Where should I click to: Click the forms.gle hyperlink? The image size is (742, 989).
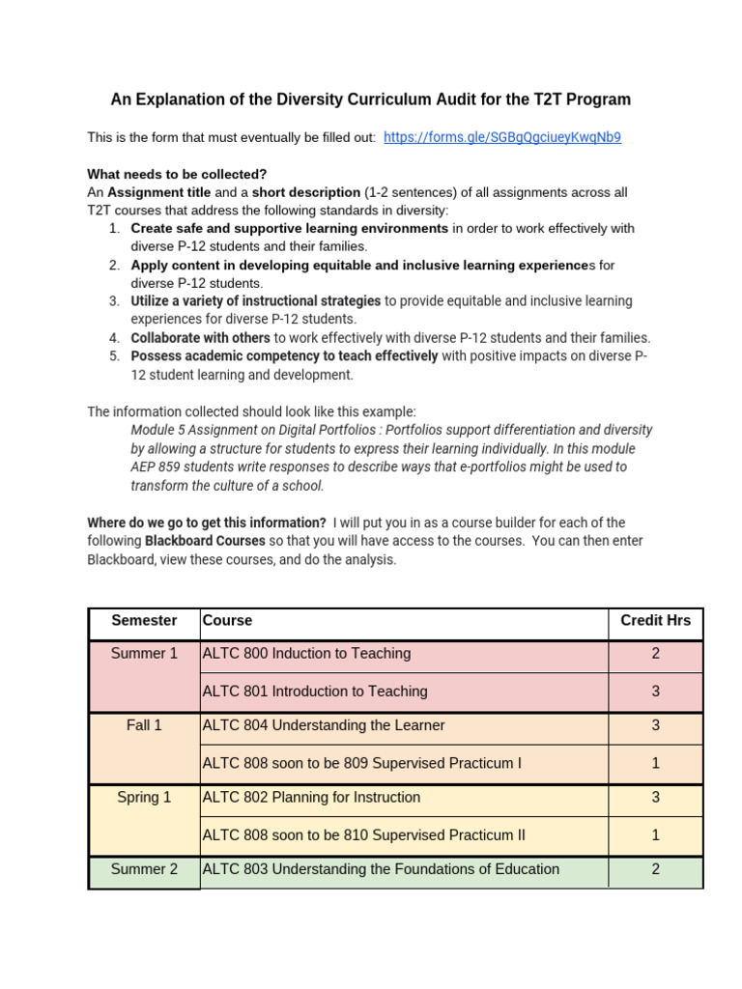[501, 137]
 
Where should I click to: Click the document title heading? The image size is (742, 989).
[370, 99]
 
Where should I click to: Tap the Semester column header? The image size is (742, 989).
[144, 620]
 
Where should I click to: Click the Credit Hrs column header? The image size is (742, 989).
[655, 620]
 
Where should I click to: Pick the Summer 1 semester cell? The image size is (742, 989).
[144, 654]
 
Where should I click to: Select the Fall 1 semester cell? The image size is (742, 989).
[144, 725]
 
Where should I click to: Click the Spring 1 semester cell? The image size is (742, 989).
[144, 798]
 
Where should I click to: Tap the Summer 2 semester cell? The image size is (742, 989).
[144, 869]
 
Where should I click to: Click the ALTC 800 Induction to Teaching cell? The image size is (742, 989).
[306, 654]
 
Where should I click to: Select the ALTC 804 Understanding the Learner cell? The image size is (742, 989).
[323, 725]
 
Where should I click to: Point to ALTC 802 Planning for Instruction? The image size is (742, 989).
[311, 798]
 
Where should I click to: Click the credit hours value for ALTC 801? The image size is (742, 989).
[655, 692]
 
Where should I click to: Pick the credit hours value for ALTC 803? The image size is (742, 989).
[655, 869]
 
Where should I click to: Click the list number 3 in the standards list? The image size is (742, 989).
[113, 301]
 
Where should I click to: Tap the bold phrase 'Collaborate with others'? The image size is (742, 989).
[200, 338]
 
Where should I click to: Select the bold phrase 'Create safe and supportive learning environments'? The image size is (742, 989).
[289, 229]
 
